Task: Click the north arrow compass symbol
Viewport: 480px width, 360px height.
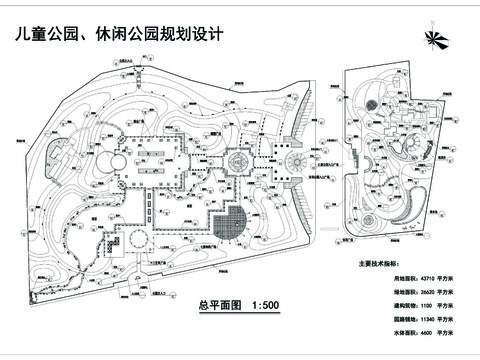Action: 434,39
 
